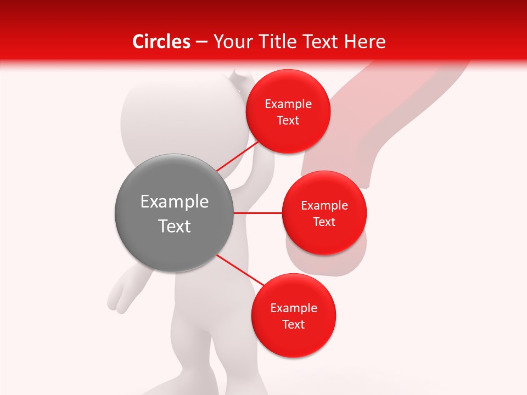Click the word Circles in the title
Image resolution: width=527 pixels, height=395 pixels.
click(x=161, y=42)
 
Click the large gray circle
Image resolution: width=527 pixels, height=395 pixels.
click(x=174, y=213)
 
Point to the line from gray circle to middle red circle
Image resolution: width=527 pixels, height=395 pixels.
click(x=258, y=213)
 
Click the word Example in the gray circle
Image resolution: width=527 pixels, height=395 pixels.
click(x=175, y=202)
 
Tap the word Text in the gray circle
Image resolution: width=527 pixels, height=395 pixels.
click(x=175, y=226)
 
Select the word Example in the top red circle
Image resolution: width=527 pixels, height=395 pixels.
click(x=288, y=104)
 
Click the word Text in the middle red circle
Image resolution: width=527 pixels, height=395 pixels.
click(x=324, y=222)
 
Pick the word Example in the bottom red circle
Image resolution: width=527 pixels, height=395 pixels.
click(x=294, y=308)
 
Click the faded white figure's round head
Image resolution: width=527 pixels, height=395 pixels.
click(x=154, y=110)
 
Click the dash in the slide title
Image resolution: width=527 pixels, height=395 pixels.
click(x=201, y=42)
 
